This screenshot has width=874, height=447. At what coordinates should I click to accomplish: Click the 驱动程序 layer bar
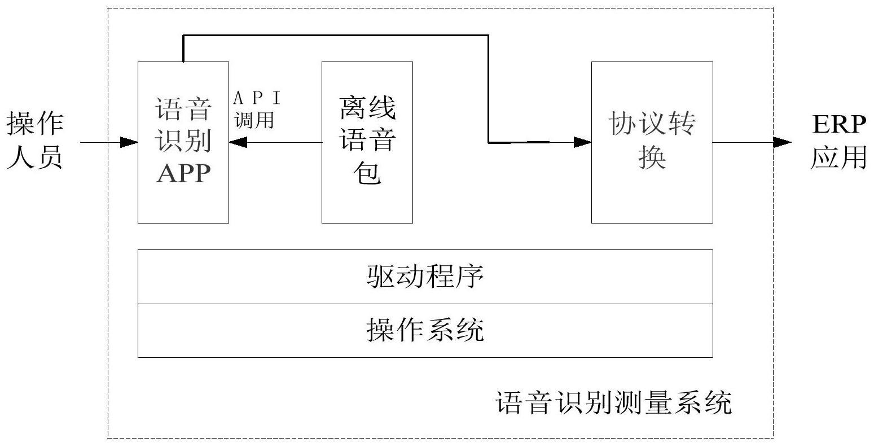tap(425, 277)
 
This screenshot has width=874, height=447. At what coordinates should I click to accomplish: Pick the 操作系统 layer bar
tap(425, 330)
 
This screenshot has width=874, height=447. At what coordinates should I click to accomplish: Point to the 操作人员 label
tap(35, 141)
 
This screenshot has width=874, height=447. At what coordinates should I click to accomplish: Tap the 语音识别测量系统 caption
tap(613, 403)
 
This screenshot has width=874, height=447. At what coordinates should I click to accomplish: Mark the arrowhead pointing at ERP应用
tap(782, 143)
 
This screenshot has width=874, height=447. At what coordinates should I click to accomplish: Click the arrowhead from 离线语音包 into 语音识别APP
tap(238, 143)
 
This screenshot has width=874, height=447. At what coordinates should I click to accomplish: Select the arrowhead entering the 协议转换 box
tap(583, 143)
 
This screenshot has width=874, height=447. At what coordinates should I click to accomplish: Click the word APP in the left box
tap(183, 173)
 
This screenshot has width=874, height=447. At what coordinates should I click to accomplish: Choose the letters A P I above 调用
tap(257, 99)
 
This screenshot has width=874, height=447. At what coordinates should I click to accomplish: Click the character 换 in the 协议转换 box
tap(652, 157)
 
